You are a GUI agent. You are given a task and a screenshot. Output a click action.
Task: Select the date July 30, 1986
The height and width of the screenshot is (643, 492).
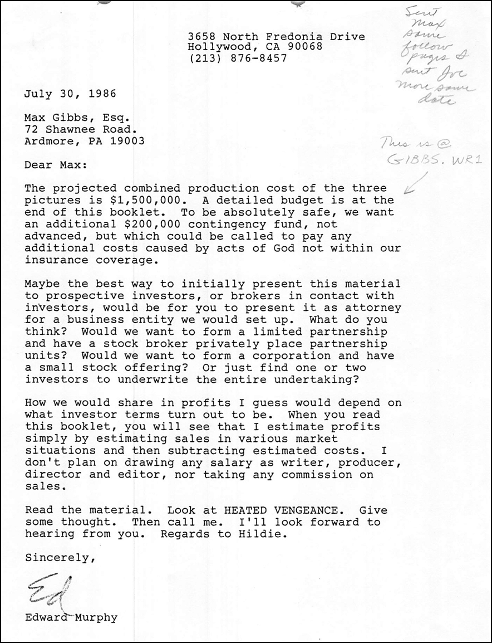coord(70,93)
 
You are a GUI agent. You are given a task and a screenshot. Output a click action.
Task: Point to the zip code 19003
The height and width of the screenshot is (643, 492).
coord(126,141)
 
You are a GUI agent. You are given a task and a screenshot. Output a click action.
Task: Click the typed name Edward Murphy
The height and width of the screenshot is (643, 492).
coord(71,617)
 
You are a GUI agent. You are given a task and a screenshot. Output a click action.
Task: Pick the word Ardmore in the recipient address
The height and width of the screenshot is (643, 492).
coord(46,141)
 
